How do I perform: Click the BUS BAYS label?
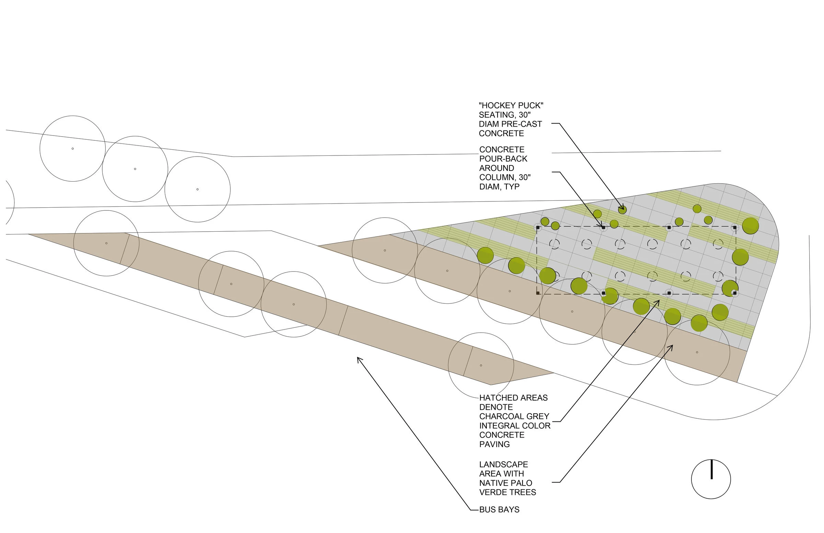point(499,510)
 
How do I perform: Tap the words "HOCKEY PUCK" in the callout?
point(511,106)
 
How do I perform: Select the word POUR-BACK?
point(503,159)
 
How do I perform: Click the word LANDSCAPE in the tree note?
point(503,464)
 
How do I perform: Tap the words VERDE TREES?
point(507,493)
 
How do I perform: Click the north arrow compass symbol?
point(711,479)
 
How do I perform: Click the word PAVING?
point(494,444)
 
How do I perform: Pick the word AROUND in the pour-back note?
point(496,168)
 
